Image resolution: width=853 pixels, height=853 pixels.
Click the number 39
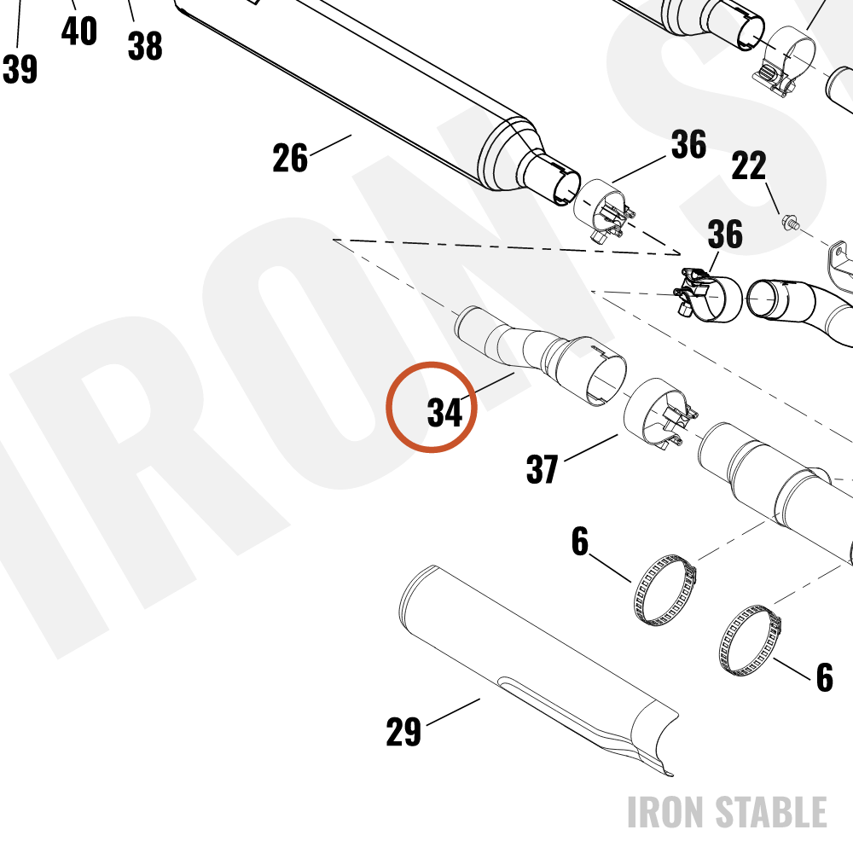pos(20,69)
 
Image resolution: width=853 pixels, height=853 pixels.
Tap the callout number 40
pos(78,31)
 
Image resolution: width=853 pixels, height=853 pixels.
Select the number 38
pos(145,46)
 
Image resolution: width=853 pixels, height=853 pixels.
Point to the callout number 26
pos(290,159)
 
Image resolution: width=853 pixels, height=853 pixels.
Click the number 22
pos(749,166)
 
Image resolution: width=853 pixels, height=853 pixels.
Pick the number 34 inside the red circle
pos(445,412)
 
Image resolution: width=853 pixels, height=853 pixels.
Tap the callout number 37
pos(543,469)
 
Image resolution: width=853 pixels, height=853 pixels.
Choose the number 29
pos(403,732)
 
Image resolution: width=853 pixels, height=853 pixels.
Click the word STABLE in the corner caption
pos(770,812)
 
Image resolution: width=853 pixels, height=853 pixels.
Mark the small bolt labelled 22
pos(791,222)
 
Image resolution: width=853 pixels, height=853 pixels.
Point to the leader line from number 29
pos(453,712)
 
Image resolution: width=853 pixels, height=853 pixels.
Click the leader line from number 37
pos(591,448)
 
